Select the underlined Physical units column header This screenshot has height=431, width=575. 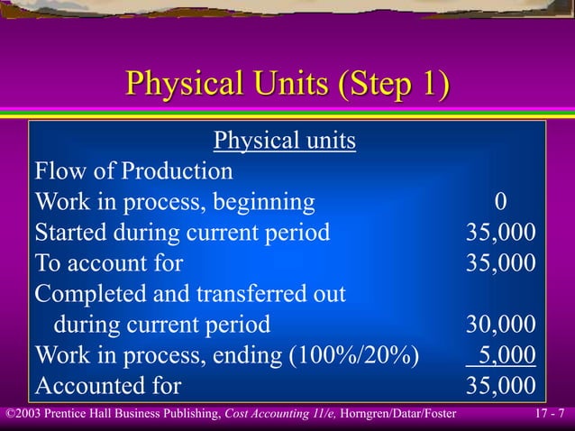284,141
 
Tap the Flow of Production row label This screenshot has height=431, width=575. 133,171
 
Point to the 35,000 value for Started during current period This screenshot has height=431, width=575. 500,233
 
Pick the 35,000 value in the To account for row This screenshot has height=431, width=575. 500,263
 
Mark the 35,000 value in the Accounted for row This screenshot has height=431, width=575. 500,386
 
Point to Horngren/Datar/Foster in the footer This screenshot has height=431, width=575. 397,414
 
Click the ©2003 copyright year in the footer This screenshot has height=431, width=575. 22,414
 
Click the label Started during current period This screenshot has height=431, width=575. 182,233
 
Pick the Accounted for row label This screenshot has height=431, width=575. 107,386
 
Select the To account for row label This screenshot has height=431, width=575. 108,263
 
